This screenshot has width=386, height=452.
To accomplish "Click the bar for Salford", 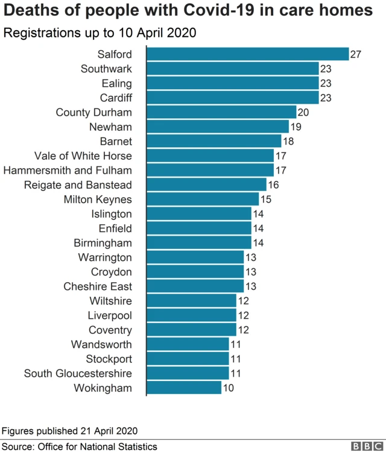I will coord(247,54).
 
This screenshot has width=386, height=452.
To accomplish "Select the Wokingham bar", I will coord(184,388).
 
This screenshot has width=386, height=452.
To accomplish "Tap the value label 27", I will coord(356,54).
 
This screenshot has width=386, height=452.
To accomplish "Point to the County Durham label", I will coord(93,112).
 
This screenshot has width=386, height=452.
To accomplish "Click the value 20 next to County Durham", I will coord(303,112).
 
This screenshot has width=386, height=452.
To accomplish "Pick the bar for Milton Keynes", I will coord(203,199).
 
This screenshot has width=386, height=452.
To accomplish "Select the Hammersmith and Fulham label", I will coord(68,171).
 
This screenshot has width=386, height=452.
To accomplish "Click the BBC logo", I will coord(364,446).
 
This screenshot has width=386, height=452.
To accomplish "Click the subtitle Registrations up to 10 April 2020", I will coord(100,33).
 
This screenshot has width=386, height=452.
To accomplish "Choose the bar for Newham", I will coord(218,127).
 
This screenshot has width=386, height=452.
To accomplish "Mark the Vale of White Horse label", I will coord(83,156).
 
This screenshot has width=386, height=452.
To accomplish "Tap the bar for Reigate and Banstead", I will coord(206,185).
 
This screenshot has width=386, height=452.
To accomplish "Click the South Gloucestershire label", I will coord(78,373).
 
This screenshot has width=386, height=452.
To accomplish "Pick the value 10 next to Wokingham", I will coord(229,388).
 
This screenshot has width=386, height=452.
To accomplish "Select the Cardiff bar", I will coord(232,98).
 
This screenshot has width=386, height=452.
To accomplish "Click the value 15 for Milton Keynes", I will coord(266,199).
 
